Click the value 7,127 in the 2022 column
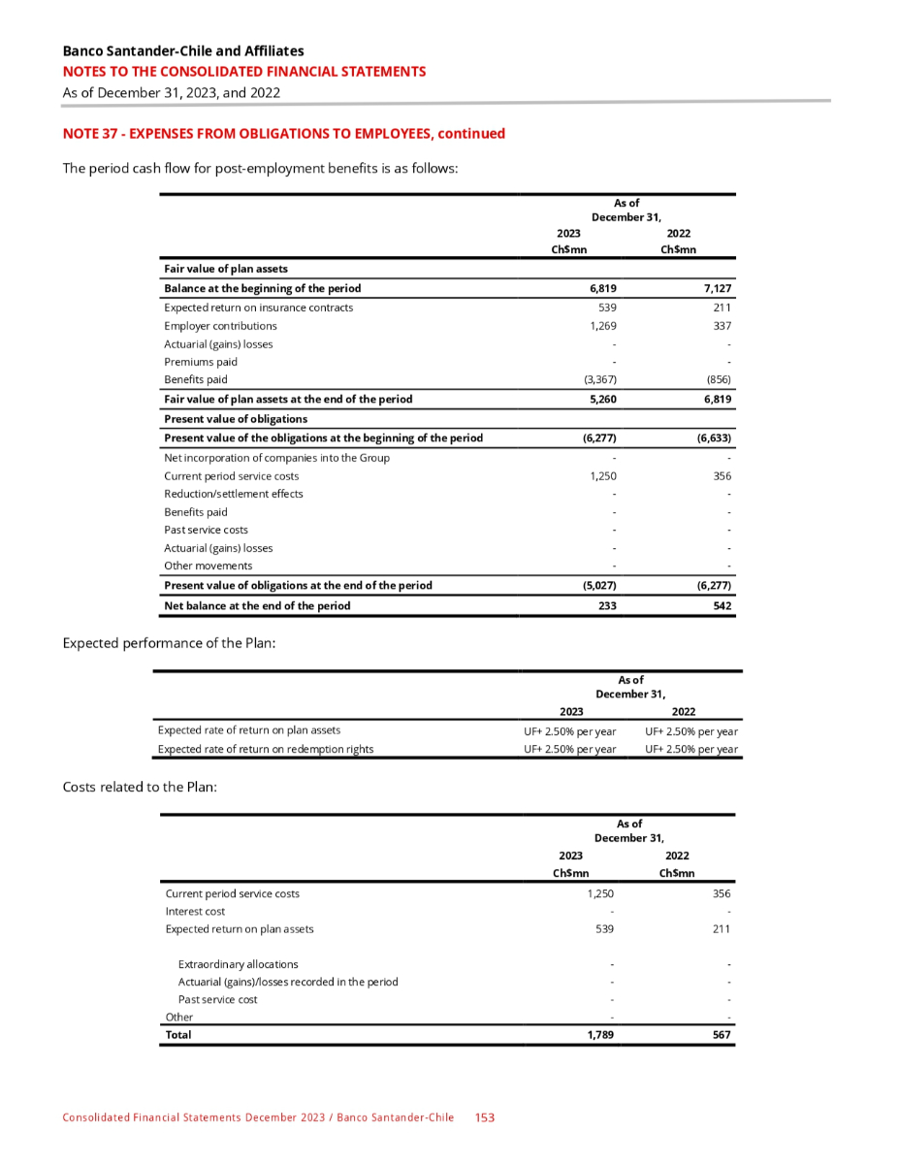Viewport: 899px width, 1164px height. (x=716, y=289)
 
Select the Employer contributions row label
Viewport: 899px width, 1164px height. (x=220, y=326)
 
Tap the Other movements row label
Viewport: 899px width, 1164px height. (x=208, y=566)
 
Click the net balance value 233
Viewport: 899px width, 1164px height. (x=607, y=605)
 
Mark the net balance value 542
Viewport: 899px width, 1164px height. (x=721, y=605)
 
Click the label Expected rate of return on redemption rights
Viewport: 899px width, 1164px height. (x=265, y=749)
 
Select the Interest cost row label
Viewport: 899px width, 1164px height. (x=195, y=911)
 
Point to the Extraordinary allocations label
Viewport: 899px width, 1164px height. (x=238, y=964)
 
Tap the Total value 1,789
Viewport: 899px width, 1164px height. (x=602, y=1035)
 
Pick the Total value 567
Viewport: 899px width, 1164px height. (x=721, y=1035)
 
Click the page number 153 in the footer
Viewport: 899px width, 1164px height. (x=485, y=1117)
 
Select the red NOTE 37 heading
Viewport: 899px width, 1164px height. (x=283, y=134)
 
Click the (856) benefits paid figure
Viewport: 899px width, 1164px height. (x=718, y=379)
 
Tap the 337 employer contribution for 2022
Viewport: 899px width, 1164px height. (x=722, y=326)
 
